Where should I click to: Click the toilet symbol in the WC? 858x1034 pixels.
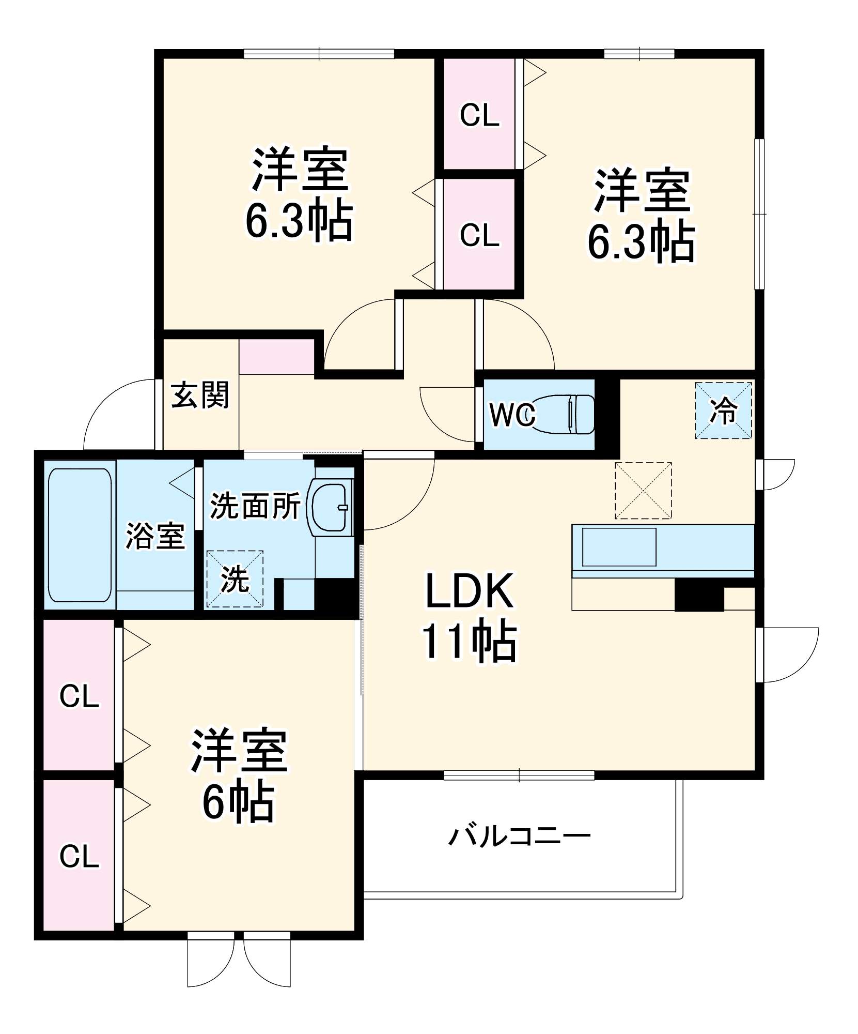point(563,414)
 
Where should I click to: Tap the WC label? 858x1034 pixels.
point(512,415)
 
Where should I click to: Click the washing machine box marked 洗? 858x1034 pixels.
point(235,579)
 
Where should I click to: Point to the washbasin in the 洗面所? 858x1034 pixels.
point(331,507)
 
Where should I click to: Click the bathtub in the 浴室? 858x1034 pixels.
point(80,535)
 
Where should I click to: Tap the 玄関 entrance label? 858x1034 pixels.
point(200,395)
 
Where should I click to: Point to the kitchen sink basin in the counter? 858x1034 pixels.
point(619,547)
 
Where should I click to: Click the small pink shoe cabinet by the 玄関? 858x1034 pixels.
point(276,357)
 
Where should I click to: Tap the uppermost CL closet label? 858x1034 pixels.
point(480,115)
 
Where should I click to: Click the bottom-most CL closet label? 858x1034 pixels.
point(79,857)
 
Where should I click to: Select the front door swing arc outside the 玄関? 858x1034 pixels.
point(119,414)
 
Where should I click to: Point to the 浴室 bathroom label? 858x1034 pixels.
point(155,536)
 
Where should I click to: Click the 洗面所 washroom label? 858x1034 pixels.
point(255,506)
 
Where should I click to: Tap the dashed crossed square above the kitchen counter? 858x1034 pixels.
point(643,491)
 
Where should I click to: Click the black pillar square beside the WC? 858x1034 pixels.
point(607,414)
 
